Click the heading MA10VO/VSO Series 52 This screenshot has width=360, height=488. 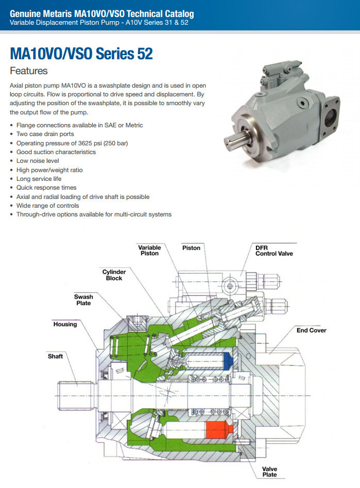point(81,54)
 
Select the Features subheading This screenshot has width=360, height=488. point(29,71)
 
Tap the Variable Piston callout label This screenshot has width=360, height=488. point(149,251)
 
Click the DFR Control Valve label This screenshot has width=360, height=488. point(274,251)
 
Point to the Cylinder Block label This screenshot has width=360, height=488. point(114,275)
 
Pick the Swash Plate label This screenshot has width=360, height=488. point(83,300)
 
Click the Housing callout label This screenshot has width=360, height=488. point(65,325)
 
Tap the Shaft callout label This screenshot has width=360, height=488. point(55,357)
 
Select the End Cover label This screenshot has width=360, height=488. point(311,330)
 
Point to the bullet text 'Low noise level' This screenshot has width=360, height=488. point(38,161)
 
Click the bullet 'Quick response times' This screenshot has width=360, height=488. point(46,188)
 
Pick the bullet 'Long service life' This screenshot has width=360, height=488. point(39,179)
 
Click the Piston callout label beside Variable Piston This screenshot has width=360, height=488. point(191,248)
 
